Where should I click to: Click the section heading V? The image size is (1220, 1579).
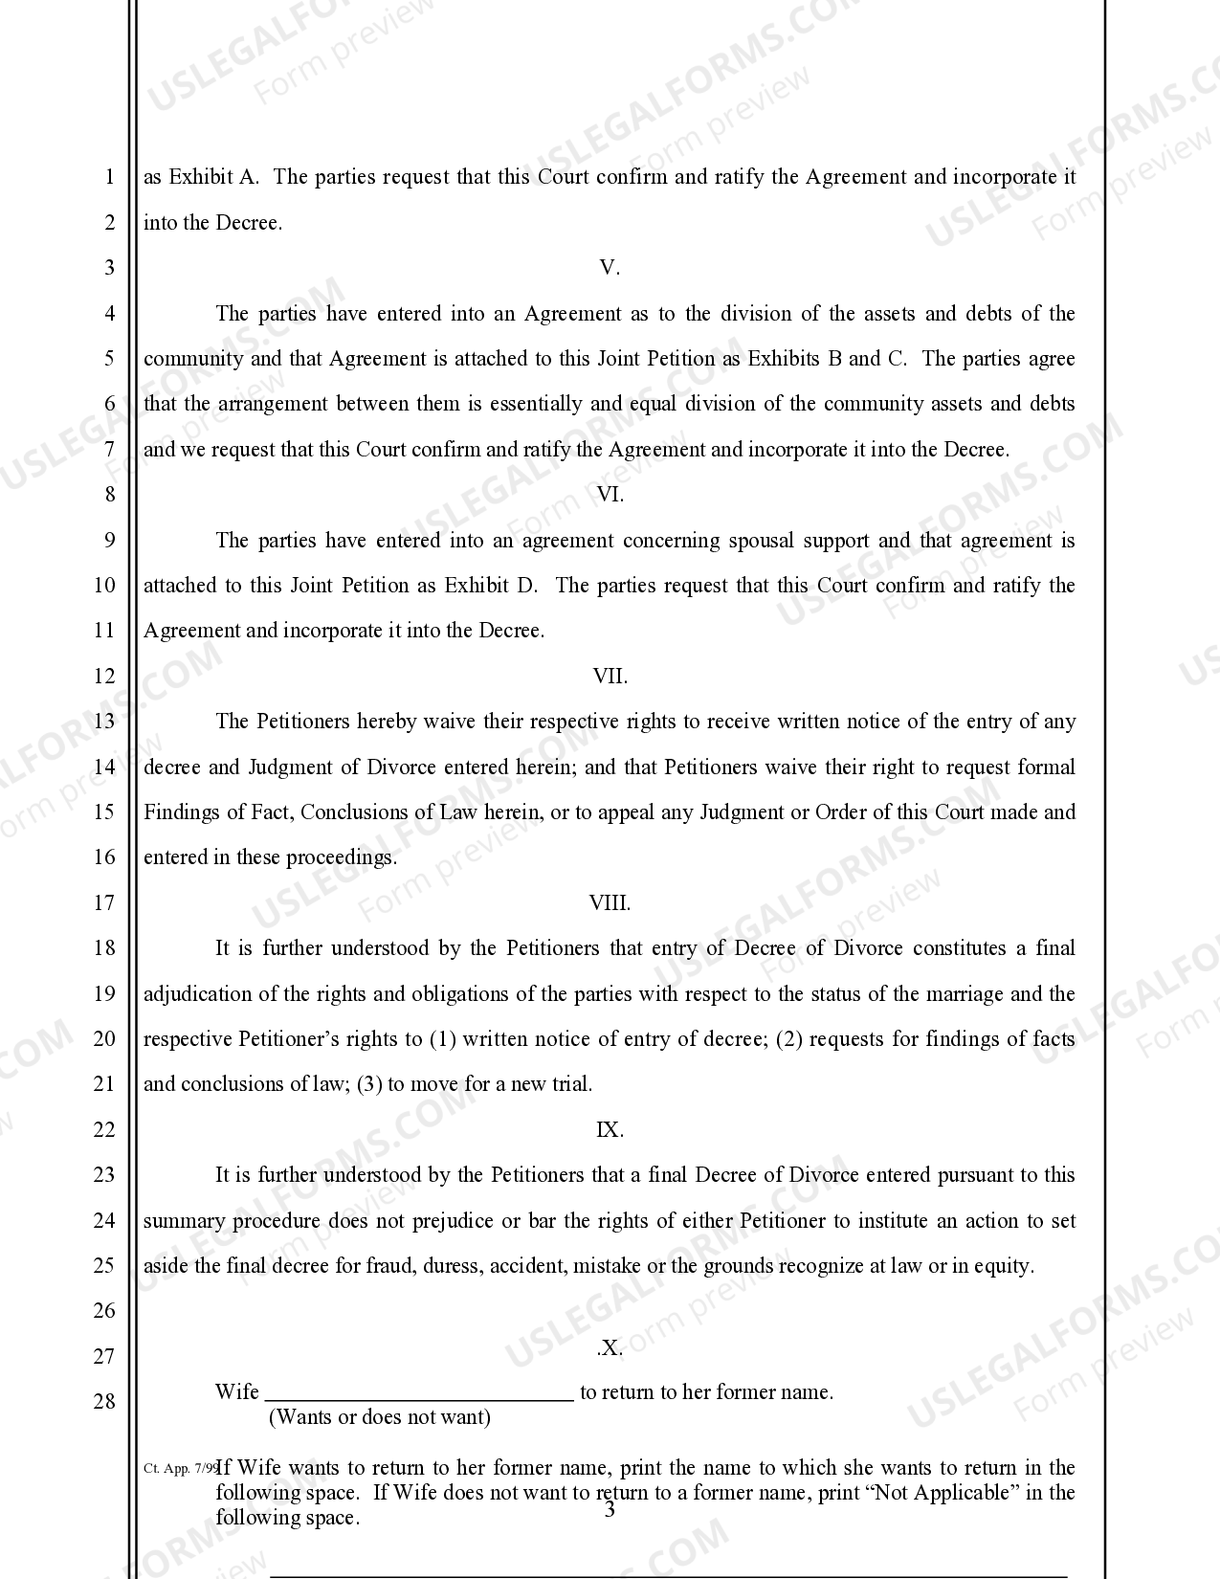pos(610,268)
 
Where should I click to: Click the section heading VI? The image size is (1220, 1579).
pos(610,495)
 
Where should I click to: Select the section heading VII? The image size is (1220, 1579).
pos(610,677)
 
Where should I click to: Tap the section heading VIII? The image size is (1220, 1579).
pos(610,903)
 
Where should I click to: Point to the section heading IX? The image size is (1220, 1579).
pos(610,1130)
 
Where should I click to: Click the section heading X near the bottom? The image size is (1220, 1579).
pos(610,1348)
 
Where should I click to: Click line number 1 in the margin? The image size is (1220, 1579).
pos(109,178)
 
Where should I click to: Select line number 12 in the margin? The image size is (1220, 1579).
pos(104,677)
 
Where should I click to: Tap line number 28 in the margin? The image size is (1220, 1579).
pos(104,1402)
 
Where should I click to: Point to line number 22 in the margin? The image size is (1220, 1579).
pos(104,1130)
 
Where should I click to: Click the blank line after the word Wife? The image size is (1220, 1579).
pos(418,1394)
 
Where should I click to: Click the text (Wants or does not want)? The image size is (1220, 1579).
pos(380,1417)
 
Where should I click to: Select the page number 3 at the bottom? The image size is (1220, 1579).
pos(610,1511)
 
